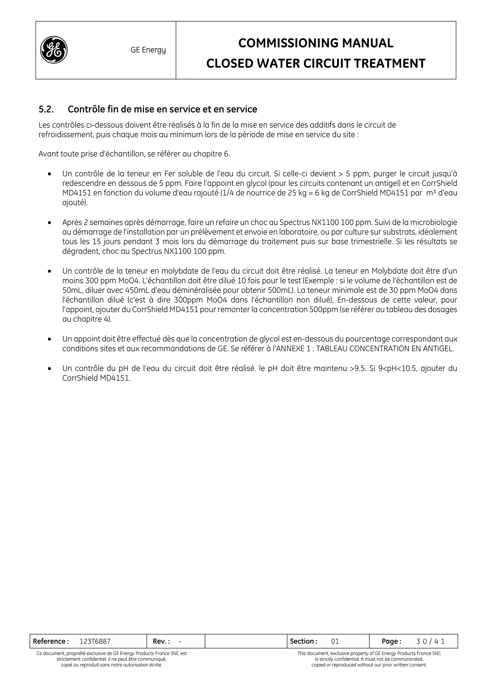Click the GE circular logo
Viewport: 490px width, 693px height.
pos(54,50)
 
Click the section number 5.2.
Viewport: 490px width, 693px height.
pos(46,109)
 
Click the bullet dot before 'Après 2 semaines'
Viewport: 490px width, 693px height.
pos(50,223)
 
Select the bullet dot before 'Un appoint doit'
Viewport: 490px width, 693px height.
pos(50,339)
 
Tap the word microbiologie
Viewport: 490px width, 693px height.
pos(435,222)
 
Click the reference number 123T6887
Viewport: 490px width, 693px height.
pos(95,641)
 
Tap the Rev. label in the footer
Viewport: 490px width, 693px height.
pos(161,641)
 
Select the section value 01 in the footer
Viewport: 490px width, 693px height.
pos(335,641)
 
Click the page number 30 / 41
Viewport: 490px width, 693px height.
pos(430,641)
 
